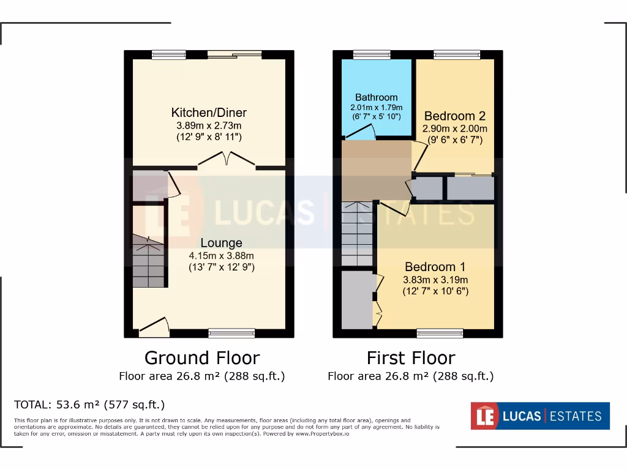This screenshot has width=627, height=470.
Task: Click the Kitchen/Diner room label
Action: pos(209,113)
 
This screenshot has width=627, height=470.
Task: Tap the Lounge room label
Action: pos(221,243)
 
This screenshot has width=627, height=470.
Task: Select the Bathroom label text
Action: pos(376,97)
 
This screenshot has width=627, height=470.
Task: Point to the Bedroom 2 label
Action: pos(454,116)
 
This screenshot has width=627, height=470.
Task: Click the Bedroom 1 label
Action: pos(435,267)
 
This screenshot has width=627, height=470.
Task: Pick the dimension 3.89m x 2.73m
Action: pos(209,126)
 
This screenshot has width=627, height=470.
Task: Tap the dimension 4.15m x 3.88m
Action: pos(221,255)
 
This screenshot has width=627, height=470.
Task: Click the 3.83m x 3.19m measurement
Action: pos(435,280)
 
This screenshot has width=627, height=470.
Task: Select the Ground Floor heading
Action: pos(201,357)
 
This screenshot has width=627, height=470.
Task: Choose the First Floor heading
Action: pos(410,357)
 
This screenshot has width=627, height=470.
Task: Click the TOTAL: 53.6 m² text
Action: pos(89,405)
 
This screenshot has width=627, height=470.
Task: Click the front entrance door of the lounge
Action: pos(154,327)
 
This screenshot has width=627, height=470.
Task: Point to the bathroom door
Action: pos(364,132)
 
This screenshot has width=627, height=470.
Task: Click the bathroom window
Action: pos(372,55)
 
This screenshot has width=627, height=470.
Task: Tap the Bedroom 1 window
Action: pos(440,333)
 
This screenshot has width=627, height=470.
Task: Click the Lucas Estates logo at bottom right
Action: pos(539,416)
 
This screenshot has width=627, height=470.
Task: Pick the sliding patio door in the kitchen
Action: pos(235,55)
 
